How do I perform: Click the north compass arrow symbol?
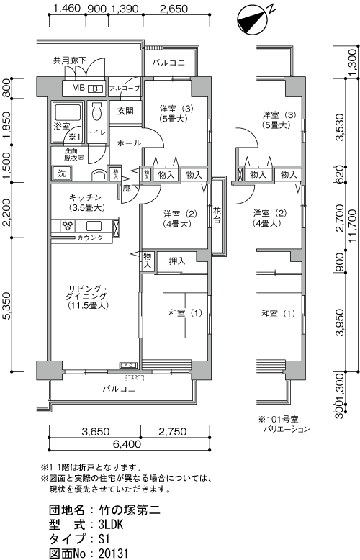click(x=251, y=19)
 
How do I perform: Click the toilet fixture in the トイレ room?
click(x=96, y=114)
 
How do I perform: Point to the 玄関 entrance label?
click(x=125, y=112)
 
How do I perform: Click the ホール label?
click(x=128, y=143)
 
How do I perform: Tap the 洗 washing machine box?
click(x=61, y=173)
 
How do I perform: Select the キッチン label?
click(x=85, y=197)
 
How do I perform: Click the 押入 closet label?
click(x=177, y=261)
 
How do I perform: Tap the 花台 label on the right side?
click(x=217, y=214)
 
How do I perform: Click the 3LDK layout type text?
click(x=112, y=525)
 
